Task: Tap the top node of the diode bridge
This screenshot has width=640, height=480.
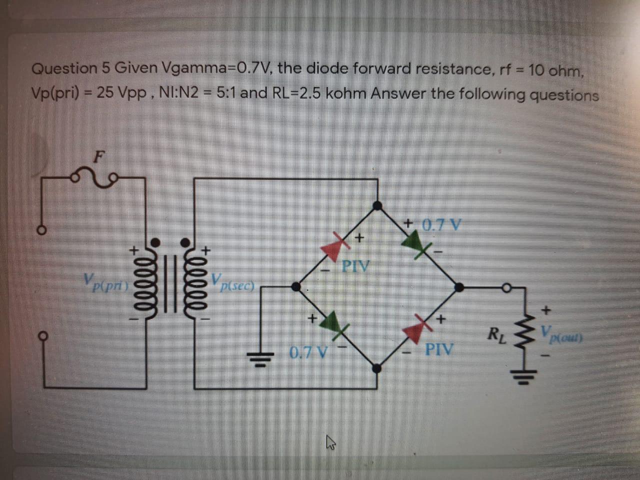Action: click(378, 204)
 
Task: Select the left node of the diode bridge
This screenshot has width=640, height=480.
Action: click(296, 286)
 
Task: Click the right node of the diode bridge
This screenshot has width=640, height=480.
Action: click(458, 286)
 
